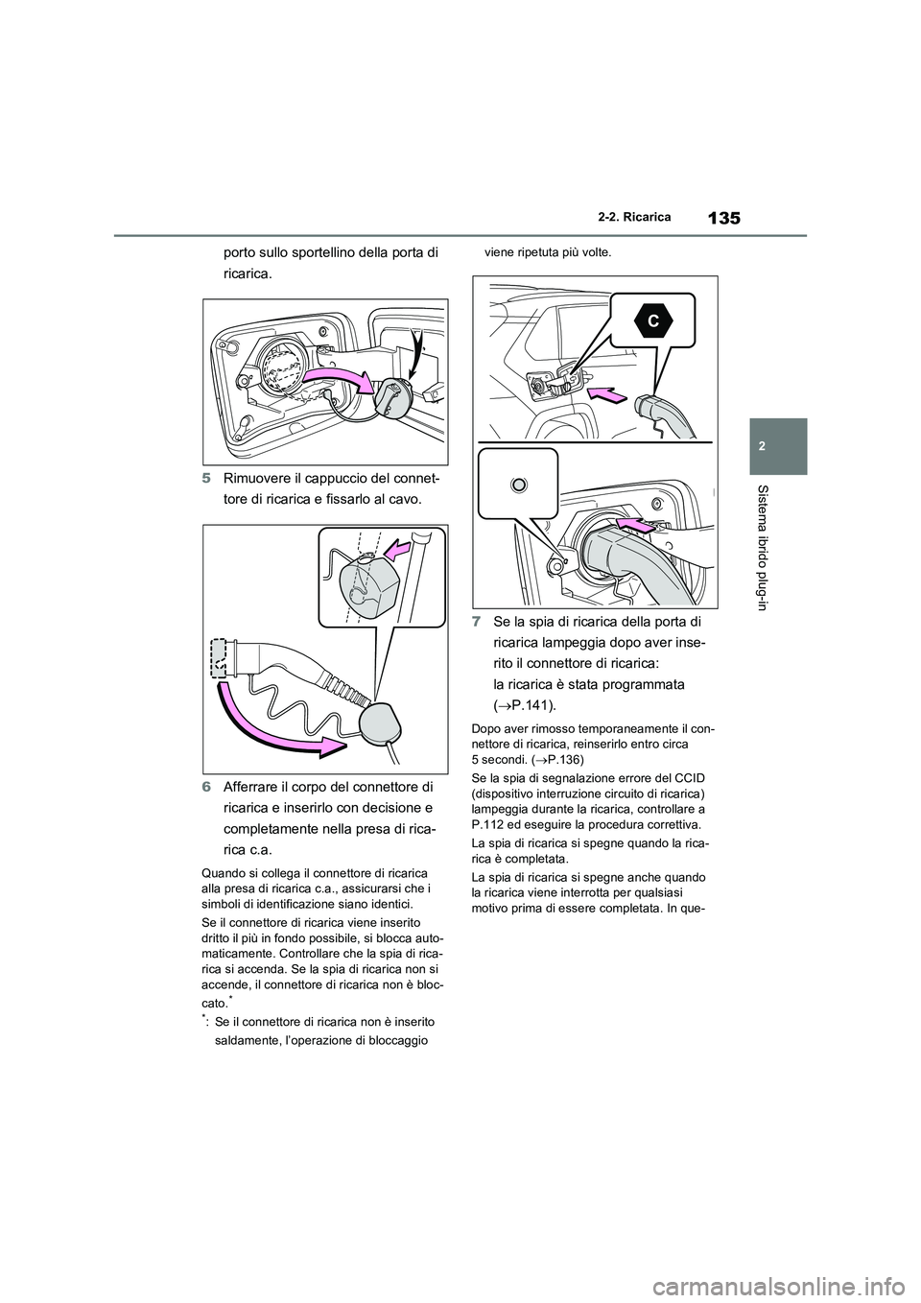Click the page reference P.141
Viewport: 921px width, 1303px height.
pos(516,705)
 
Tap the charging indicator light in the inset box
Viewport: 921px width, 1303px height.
pos(519,486)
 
